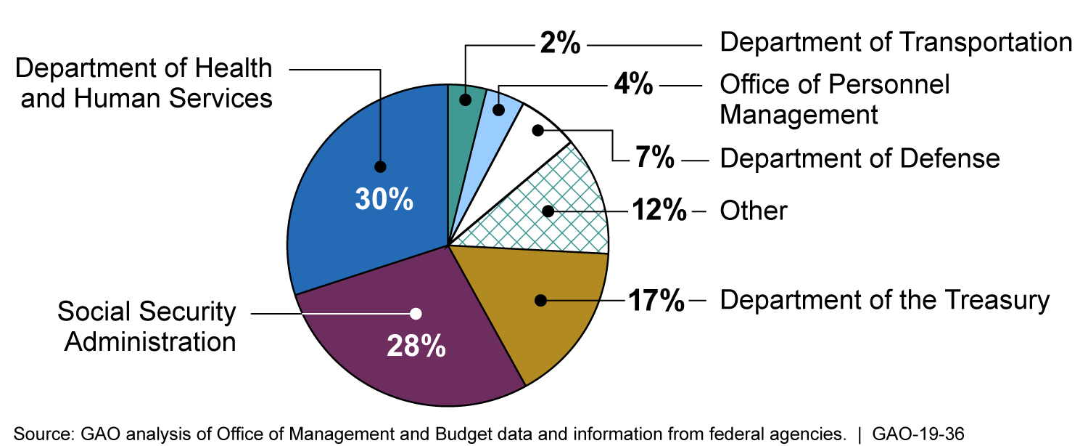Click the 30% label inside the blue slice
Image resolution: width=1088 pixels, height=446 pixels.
pos(384,198)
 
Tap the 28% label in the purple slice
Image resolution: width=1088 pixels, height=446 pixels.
pos(416,346)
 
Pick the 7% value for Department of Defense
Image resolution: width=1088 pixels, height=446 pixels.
pos(655,158)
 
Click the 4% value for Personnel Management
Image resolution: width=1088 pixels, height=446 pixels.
pos(632,86)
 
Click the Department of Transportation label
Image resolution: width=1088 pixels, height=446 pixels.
pos(895,42)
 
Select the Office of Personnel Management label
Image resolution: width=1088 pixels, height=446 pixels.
pos(834,100)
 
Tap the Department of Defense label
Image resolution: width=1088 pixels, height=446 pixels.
pos(860,158)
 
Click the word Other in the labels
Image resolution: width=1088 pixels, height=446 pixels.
pos(753,211)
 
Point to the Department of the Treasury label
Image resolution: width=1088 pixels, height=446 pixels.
pos(884,299)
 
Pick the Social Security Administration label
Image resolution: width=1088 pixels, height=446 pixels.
pos(148,327)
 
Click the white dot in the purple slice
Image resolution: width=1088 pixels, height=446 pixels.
pos(416,314)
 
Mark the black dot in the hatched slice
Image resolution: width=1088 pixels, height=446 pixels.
pos(548,211)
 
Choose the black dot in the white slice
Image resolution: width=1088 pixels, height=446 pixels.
pos(537,131)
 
